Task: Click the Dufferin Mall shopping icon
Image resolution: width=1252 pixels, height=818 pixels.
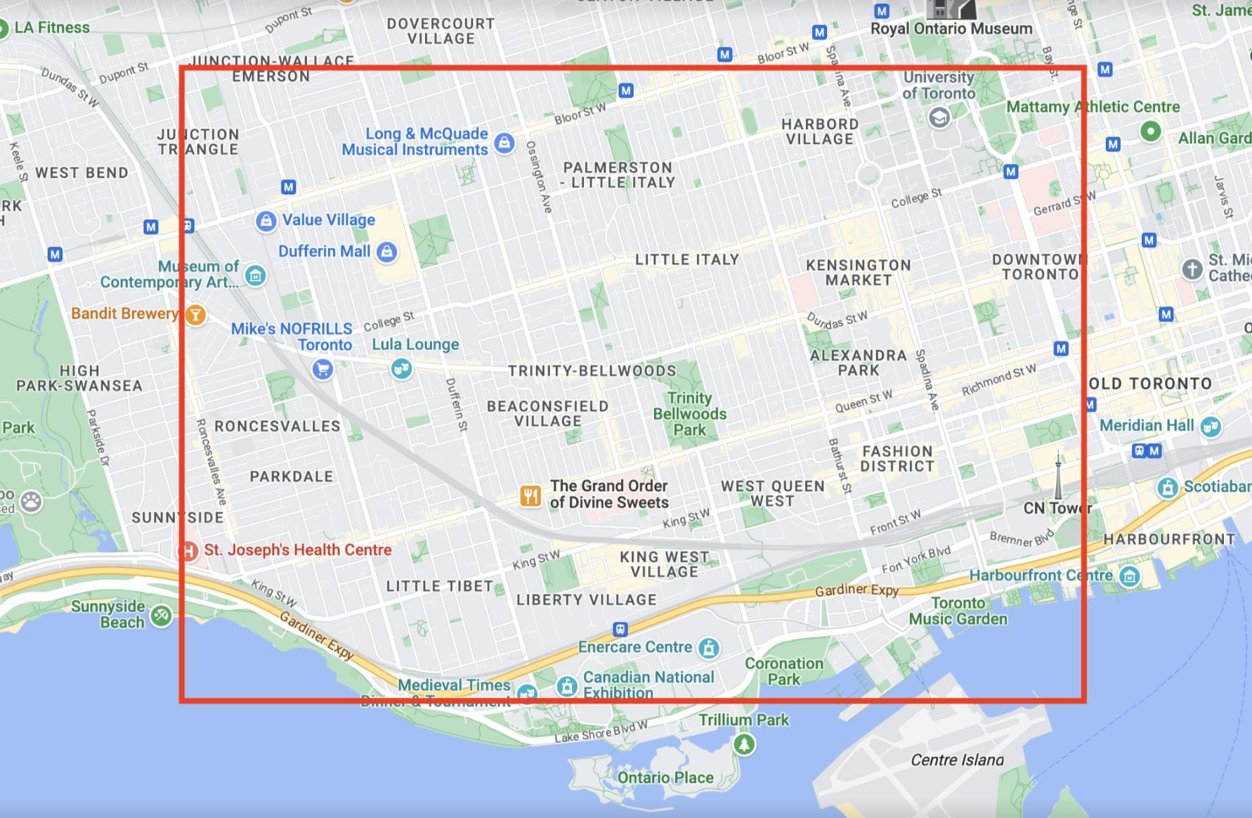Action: [386, 252]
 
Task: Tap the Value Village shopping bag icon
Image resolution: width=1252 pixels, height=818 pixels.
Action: [266, 221]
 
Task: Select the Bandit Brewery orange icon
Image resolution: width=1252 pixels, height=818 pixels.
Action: [195, 314]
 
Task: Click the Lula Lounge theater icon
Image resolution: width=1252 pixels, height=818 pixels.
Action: [401, 368]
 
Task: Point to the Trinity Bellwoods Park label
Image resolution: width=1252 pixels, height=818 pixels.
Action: [689, 414]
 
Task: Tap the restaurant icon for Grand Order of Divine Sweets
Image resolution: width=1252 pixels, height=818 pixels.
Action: [530, 496]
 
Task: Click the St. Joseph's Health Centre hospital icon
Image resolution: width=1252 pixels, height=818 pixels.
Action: [188, 550]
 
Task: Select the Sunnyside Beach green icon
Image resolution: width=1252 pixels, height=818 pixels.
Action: [162, 616]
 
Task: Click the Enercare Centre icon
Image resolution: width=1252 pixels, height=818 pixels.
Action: [708, 648]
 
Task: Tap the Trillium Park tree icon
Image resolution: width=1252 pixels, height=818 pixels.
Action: [744, 744]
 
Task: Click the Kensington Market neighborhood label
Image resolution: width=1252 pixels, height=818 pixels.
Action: [858, 273]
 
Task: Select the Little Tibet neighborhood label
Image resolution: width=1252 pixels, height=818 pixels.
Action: [439, 586]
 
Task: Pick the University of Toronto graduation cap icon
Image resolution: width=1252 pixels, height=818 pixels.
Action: [939, 117]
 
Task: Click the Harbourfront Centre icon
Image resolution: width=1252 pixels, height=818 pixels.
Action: [1129, 577]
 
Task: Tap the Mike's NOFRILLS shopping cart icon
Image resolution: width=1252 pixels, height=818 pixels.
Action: [322, 368]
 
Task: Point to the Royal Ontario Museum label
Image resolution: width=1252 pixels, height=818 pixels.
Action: [951, 29]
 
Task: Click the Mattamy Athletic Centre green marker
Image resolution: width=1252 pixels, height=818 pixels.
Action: [1150, 131]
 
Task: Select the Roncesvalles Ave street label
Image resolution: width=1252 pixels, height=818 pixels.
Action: [211, 462]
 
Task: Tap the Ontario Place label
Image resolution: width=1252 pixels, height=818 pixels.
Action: [665, 777]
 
